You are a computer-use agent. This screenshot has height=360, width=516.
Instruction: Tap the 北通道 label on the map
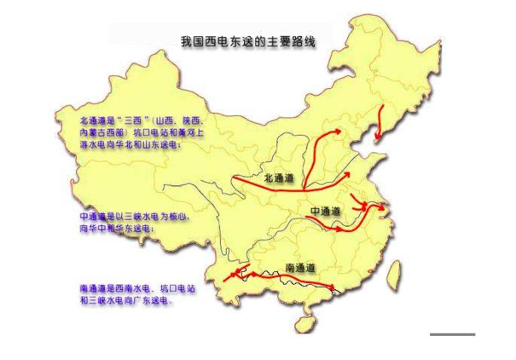coord(279,178)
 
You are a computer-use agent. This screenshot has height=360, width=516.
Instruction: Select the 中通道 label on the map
coord(325,209)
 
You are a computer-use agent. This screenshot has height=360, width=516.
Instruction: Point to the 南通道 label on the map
coord(300,267)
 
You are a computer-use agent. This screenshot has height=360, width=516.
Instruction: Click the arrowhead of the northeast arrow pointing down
coord(377,138)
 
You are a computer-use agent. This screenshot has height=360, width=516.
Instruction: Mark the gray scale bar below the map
coord(453,334)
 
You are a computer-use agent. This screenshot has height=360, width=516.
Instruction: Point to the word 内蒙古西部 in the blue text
coord(102,133)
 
